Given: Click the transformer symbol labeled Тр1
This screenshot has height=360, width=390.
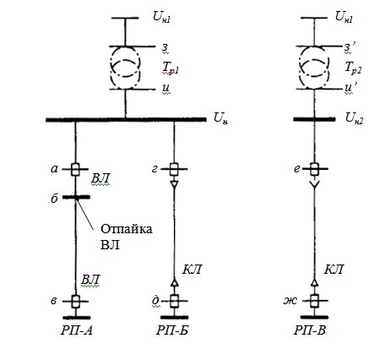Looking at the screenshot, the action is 111,68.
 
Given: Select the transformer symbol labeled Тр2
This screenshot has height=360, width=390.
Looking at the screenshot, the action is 300,68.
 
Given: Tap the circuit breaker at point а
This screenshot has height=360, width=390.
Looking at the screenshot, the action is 75,169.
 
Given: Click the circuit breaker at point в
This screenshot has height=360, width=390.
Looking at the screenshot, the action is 75,301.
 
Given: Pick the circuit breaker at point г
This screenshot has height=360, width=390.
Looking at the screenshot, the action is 174,169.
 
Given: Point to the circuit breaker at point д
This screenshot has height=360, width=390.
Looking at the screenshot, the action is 175,301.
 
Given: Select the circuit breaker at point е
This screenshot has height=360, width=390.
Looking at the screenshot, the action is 314,169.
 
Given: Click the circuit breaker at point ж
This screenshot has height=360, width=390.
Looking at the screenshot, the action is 314,301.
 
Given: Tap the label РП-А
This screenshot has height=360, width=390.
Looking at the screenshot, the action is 77,330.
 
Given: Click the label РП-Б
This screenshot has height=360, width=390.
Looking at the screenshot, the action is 172,330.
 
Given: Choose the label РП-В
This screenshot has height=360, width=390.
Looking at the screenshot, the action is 310,330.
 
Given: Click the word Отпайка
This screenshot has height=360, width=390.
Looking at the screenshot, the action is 127,229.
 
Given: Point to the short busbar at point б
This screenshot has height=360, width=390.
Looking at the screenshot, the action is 76,197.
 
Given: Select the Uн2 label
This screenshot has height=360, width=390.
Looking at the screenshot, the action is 354,118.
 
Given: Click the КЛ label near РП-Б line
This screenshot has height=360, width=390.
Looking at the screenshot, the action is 192,270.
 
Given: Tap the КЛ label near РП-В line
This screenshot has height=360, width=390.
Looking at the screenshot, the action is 333,270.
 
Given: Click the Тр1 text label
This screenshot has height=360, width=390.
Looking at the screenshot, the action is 171,68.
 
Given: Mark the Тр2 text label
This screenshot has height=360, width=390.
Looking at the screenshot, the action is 353,68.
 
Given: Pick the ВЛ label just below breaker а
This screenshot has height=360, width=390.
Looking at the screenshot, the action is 100,178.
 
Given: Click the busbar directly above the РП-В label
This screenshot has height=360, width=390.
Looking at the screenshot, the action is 314,317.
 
